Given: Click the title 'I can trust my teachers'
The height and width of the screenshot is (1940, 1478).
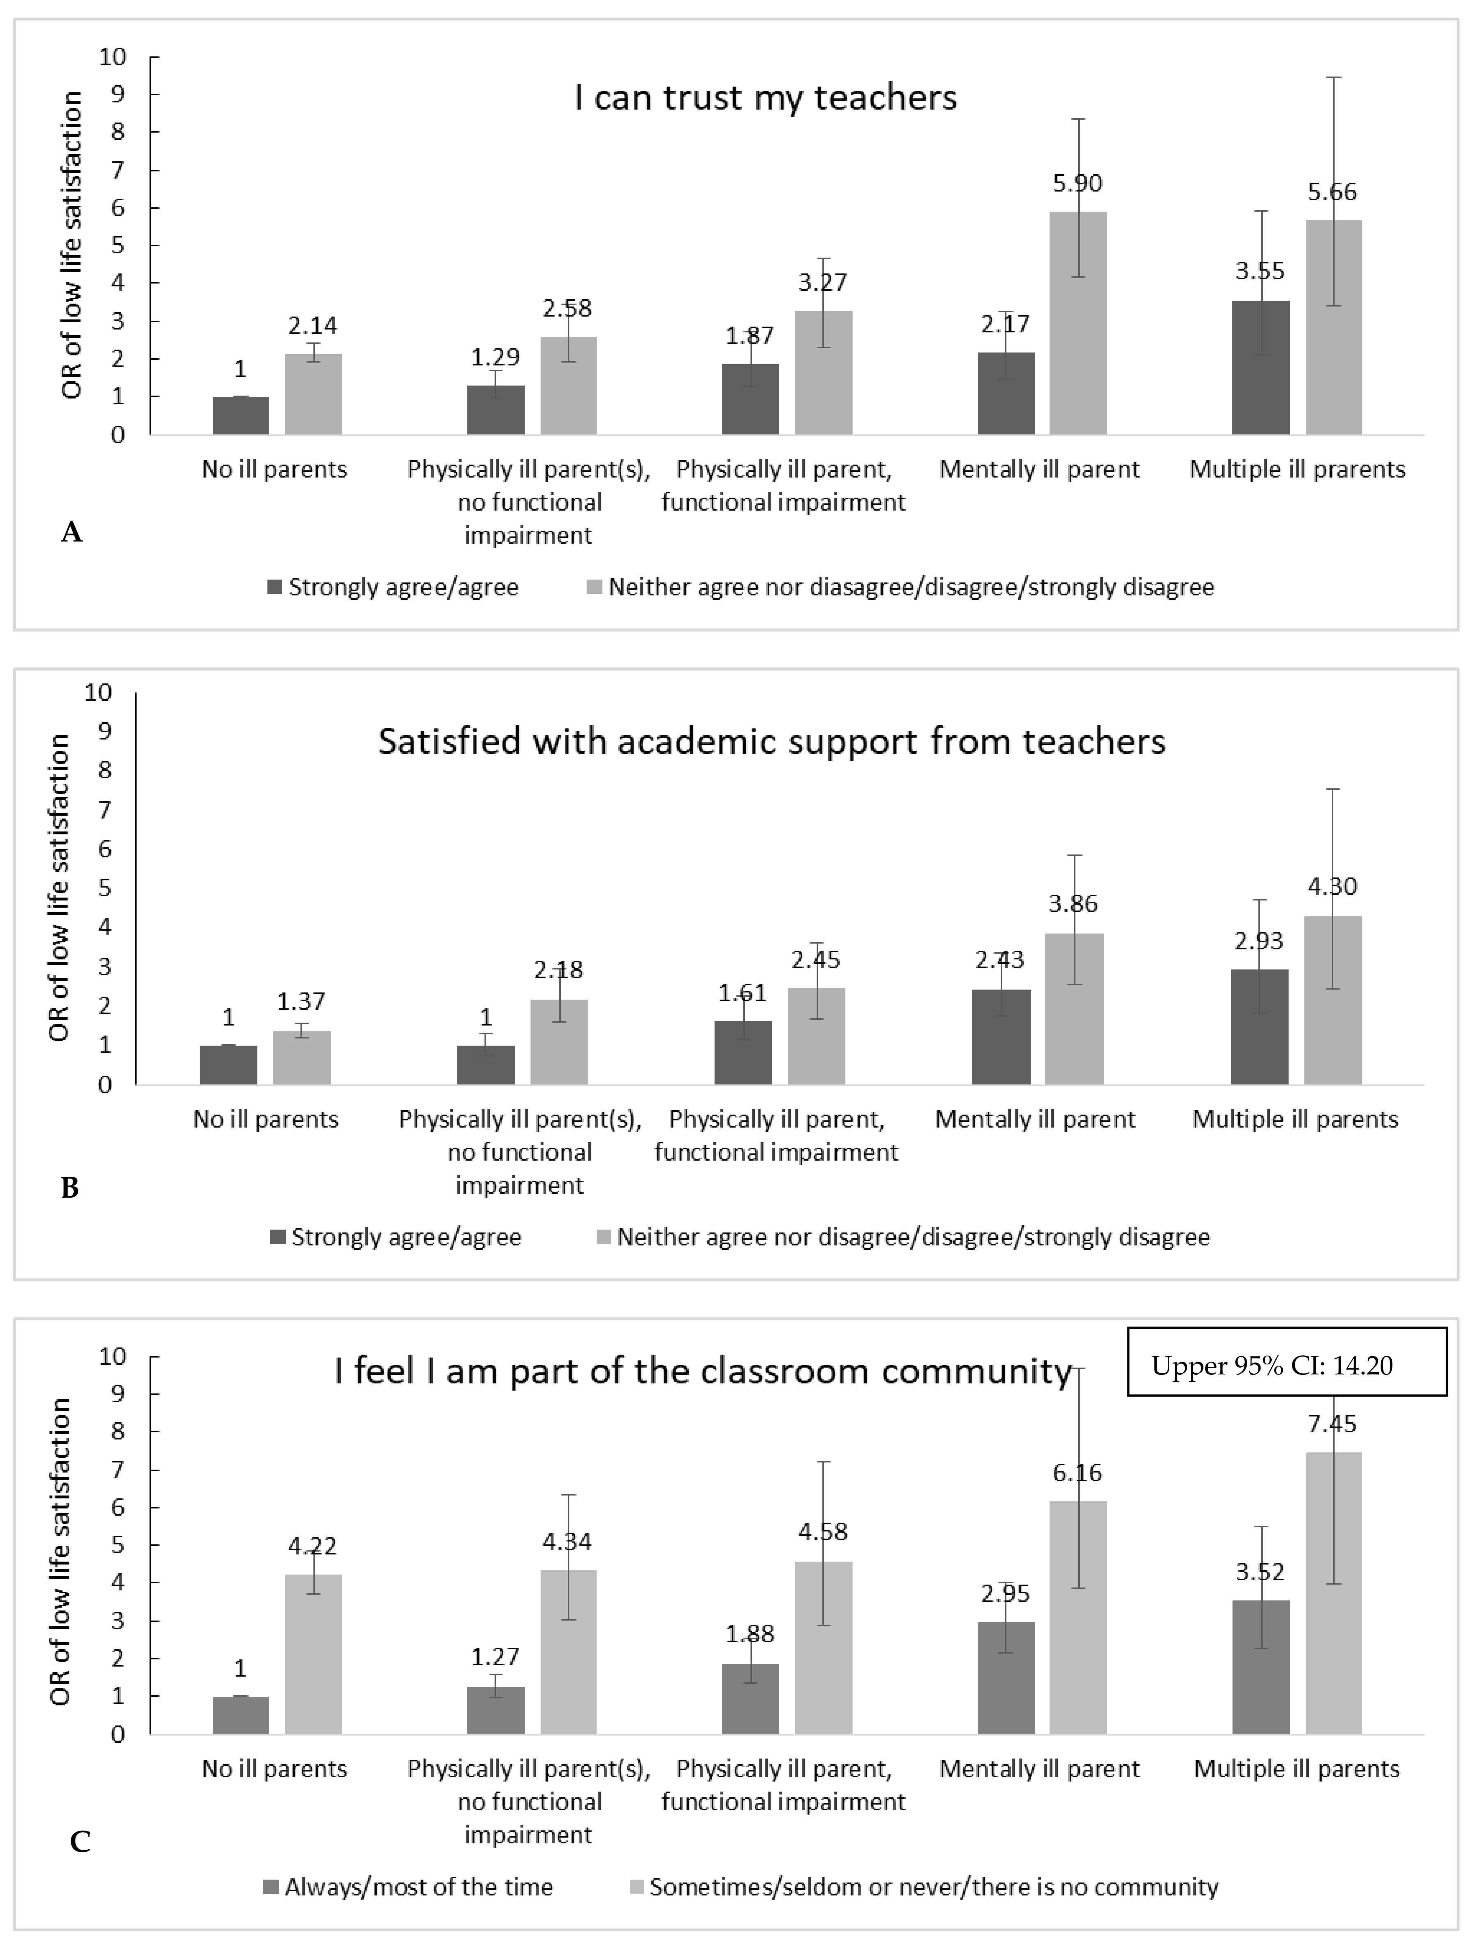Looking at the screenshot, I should click(x=765, y=97).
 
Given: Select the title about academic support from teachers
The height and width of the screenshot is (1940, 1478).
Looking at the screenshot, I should click(x=772, y=741).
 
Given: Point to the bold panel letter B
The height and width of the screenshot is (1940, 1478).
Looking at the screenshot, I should click(x=70, y=1188).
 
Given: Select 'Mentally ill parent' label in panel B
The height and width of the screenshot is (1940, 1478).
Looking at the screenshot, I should click(x=1036, y=1120).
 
